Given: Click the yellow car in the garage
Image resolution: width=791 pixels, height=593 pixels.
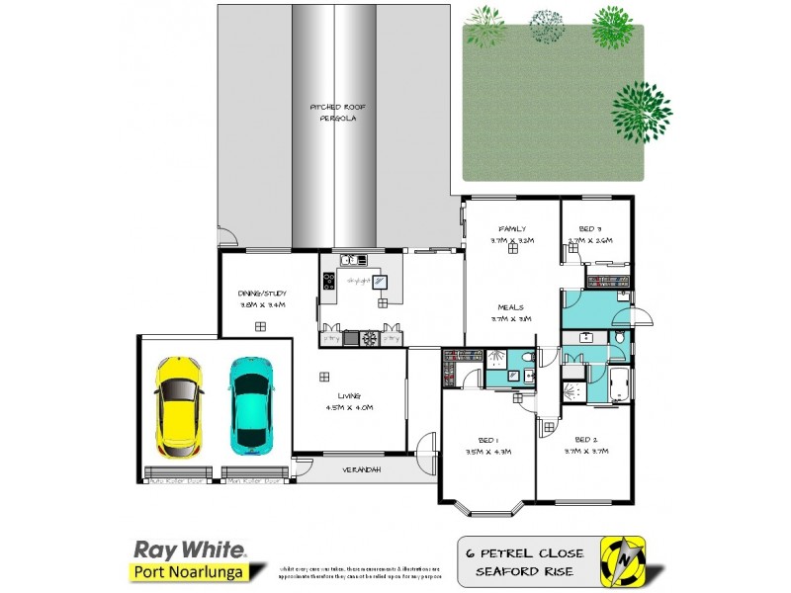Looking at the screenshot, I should (x=178, y=406).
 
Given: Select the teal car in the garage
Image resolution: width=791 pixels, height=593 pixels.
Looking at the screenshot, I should (x=252, y=406).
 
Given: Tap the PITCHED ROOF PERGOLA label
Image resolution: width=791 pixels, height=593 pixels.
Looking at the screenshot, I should (x=332, y=112).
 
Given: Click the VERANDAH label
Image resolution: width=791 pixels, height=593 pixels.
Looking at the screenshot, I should (x=361, y=468).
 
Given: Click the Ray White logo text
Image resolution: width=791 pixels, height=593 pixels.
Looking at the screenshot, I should (x=189, y=549).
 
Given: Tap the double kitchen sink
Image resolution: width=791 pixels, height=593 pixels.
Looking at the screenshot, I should (x=353, y=261).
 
